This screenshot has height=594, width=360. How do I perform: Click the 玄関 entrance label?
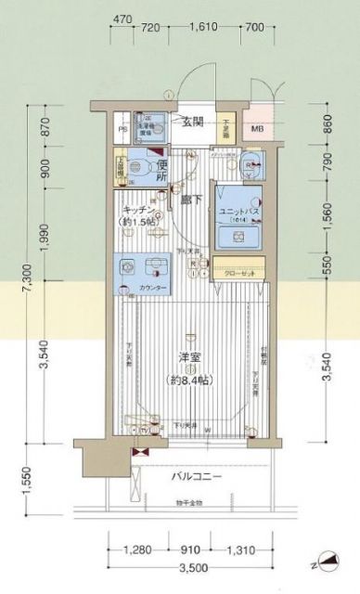[192, 121]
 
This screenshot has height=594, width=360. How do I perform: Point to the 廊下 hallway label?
[192, 199]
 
